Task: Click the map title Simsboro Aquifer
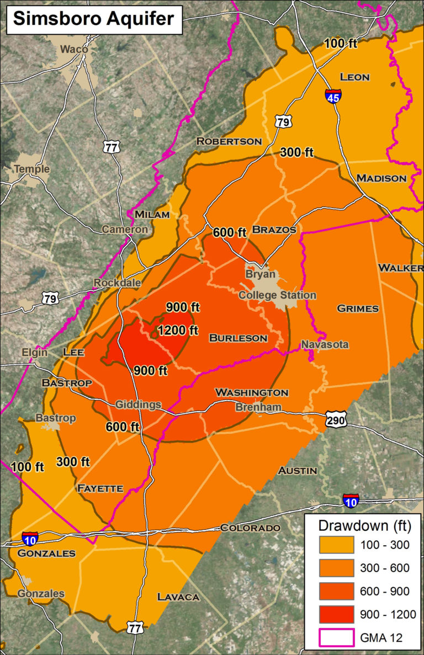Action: point(93,19)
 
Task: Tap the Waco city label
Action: point(74,49)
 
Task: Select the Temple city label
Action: point(31,169)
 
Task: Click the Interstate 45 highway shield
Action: point(332,96)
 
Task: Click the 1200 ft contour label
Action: point(178,331)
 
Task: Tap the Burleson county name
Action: point(238,338)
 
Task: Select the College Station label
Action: point(277,295)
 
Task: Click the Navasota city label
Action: point(325,345)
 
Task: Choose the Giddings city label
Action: point(138,404)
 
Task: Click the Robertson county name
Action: point(229,141)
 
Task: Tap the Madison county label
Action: point(381,178)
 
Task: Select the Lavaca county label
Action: point(178,597)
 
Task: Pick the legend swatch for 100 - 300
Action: point(336,545)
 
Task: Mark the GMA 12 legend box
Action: point(336,638)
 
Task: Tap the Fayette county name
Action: point(100,488)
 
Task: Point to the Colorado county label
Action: point(250,528)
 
